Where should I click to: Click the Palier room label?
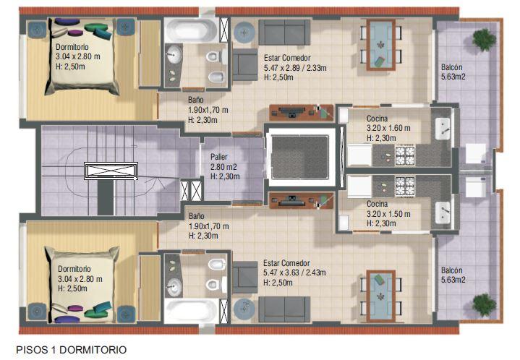tap(225, 166)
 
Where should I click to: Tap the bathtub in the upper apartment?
tap(191, 30)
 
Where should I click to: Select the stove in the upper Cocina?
tap(404, 155)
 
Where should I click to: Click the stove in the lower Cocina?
tap(404, 186)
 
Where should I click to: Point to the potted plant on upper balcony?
tap(485, 40)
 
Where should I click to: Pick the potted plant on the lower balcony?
tap(485, 304)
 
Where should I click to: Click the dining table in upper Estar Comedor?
tap(380, 44)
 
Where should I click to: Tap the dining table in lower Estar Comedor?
tap(380, 296)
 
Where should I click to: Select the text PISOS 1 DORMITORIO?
tap(72, 350)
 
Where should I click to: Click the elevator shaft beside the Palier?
tap(300, 157)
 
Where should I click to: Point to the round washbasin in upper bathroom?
tap(174, 53)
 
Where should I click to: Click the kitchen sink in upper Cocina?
tap(443, 128)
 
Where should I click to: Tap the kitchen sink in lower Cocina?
tap(443, 213)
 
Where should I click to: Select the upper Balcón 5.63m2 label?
tap(453, 72)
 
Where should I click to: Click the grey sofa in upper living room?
tap(284, 32)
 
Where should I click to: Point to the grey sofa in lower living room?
tap(284, 309)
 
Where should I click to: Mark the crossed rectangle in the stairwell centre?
tap(111, 171)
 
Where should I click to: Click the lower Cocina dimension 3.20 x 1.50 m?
tap(388, 214)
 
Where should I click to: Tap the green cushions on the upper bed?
tap(99, 30)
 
